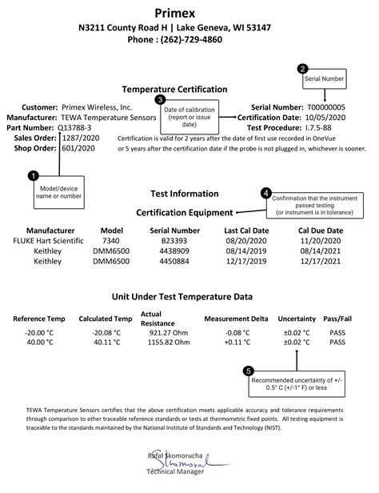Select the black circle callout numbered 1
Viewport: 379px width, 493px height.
point(33,174)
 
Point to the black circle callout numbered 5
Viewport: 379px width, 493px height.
point(248,371)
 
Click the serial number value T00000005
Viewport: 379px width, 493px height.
point(320,107)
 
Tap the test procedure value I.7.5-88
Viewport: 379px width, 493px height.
point(315,127)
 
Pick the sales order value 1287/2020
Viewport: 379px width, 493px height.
point(78,137)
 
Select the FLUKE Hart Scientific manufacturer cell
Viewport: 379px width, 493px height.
point(50,240)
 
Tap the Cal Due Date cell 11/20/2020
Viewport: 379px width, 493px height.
point(319,240)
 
